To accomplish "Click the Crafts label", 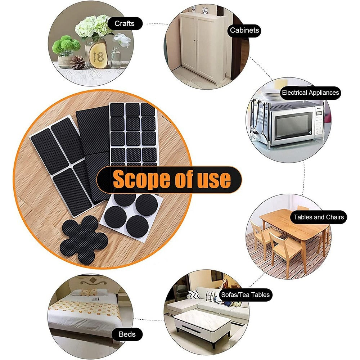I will click(124, 24).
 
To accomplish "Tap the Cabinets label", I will click(244, 30).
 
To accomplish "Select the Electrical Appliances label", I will click(310, 93).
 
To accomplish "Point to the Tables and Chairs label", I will click(318, 217).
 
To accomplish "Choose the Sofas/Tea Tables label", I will click(245, 295).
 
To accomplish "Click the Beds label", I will click(127, 334).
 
